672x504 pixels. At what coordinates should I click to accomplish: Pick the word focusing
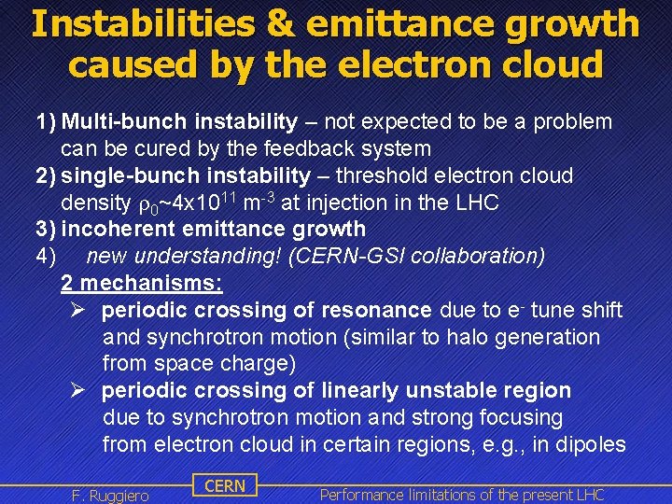pyautogui.click(x=518, y=417)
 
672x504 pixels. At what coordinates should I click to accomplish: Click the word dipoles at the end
pyautogui.click(x=594, y=444)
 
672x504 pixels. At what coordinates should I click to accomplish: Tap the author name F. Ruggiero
pyautogui.click(x=110, y=495)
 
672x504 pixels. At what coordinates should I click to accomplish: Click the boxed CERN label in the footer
pyautogui.click(x=224, y=485)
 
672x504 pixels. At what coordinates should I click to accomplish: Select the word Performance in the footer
pyautogui.click(x=362, y=495)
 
